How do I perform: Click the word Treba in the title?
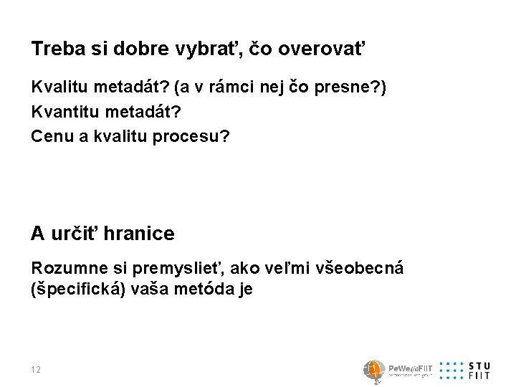point(54,49)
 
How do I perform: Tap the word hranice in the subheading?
point(139,233)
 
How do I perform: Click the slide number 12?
point(37,369)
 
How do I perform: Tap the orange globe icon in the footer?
point(373,369)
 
